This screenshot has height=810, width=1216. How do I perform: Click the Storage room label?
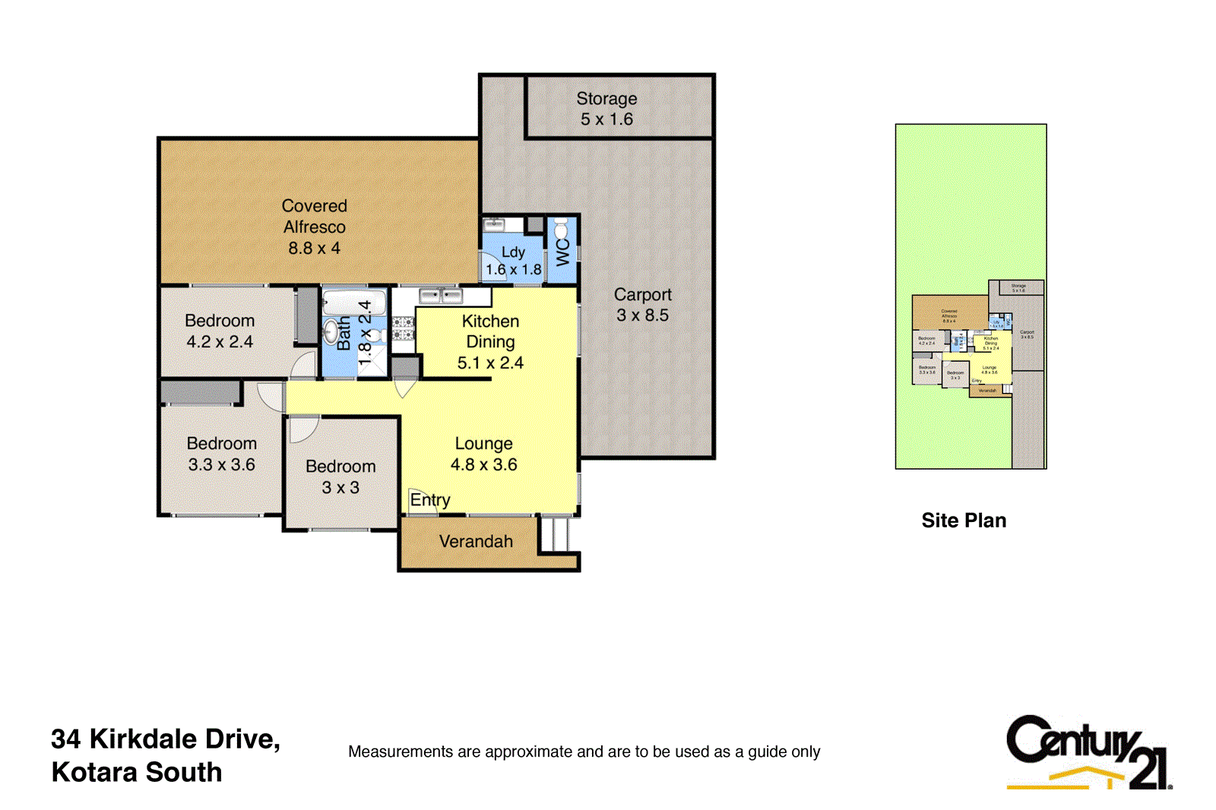click(x=606, y=99)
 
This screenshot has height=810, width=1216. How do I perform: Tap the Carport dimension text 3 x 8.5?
click(x=642, y=315)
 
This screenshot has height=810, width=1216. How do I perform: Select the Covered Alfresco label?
click(x=314, y=217)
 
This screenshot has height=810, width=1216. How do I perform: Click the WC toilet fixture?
click(x=561, y=229)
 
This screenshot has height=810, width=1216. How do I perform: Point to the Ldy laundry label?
click(x=513, y=252)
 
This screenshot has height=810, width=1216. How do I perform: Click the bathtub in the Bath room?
click(x=354, y=302)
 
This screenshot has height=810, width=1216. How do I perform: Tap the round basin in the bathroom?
click(x=331, y=332)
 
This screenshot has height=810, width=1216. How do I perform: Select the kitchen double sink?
click(x=441, y=296)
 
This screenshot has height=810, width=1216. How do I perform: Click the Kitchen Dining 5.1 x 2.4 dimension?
click(x=490, y=363)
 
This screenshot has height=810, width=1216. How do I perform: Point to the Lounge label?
click(x=483, y=444)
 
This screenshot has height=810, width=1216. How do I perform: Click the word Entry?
click(x=430, y=500)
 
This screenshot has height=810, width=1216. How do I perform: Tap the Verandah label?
click(x=476, y=542)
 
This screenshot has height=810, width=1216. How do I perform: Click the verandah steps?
click(x=556, y=535)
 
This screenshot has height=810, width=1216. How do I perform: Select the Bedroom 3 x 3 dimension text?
click(x=340, y=488)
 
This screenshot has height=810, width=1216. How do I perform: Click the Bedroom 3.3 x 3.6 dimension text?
click(x=221, y=465)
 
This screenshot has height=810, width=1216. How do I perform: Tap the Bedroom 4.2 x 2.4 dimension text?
click(x=220, y=342)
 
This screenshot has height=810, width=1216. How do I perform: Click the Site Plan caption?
click(x=964, y=520)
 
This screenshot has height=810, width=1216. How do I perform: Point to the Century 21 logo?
click(x=1088, y=752)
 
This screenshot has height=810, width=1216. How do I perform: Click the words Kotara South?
click(x=137, y=773)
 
